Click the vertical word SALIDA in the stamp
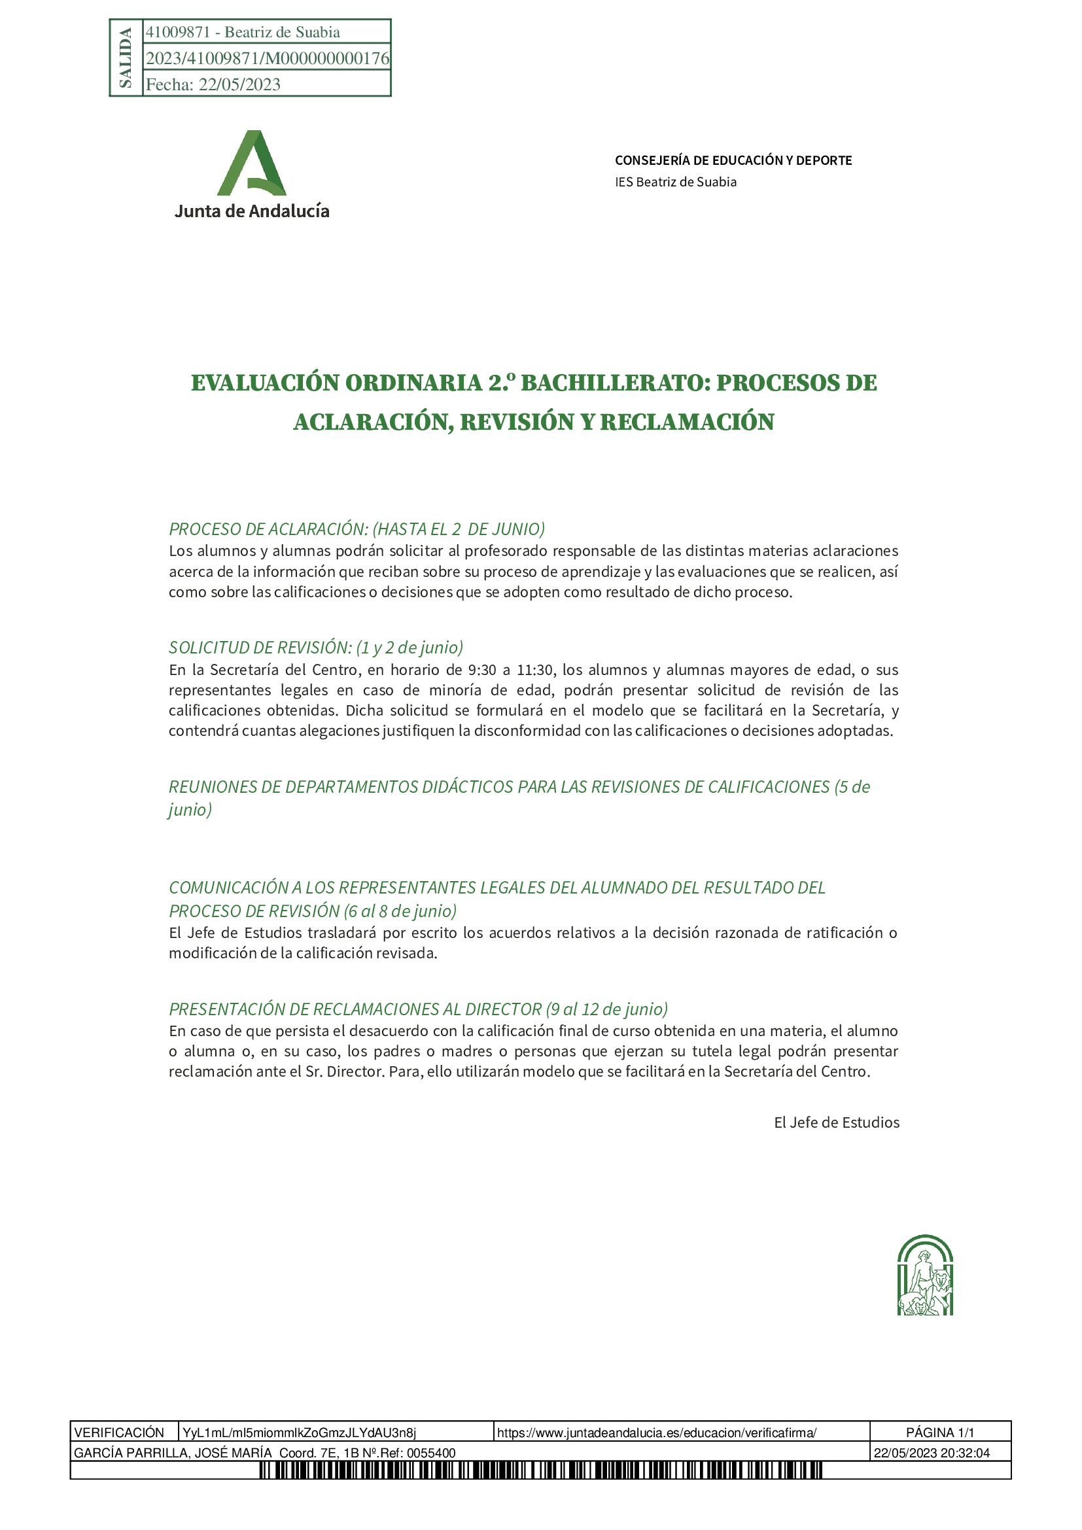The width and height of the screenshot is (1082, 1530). click(x=125, y=58)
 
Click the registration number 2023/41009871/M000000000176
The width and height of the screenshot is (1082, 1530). click(x=267, y=59)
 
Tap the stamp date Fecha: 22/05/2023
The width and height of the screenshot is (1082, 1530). click(x=213, y=84)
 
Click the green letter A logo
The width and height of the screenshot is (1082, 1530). click(x=252, y=164)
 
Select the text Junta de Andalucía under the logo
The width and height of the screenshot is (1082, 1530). click(x=252, y=211)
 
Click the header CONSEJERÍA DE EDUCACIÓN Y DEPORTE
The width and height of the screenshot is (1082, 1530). click(x=733, y=161)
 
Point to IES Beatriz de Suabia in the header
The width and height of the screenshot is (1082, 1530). click(x=676, y=182)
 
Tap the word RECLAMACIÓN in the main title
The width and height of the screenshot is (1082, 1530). click(x=687, y=423)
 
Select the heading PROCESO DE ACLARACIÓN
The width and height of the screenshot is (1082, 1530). click(x=268, y=529)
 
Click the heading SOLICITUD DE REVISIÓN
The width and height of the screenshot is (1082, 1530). click(x=260, y=648)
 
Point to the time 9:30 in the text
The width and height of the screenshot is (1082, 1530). click(x=481, y=670)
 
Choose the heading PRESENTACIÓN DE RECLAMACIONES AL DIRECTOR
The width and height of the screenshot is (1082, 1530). click(x=355, y=1009)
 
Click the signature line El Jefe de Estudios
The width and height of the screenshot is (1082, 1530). click(x=836, y=1123)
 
